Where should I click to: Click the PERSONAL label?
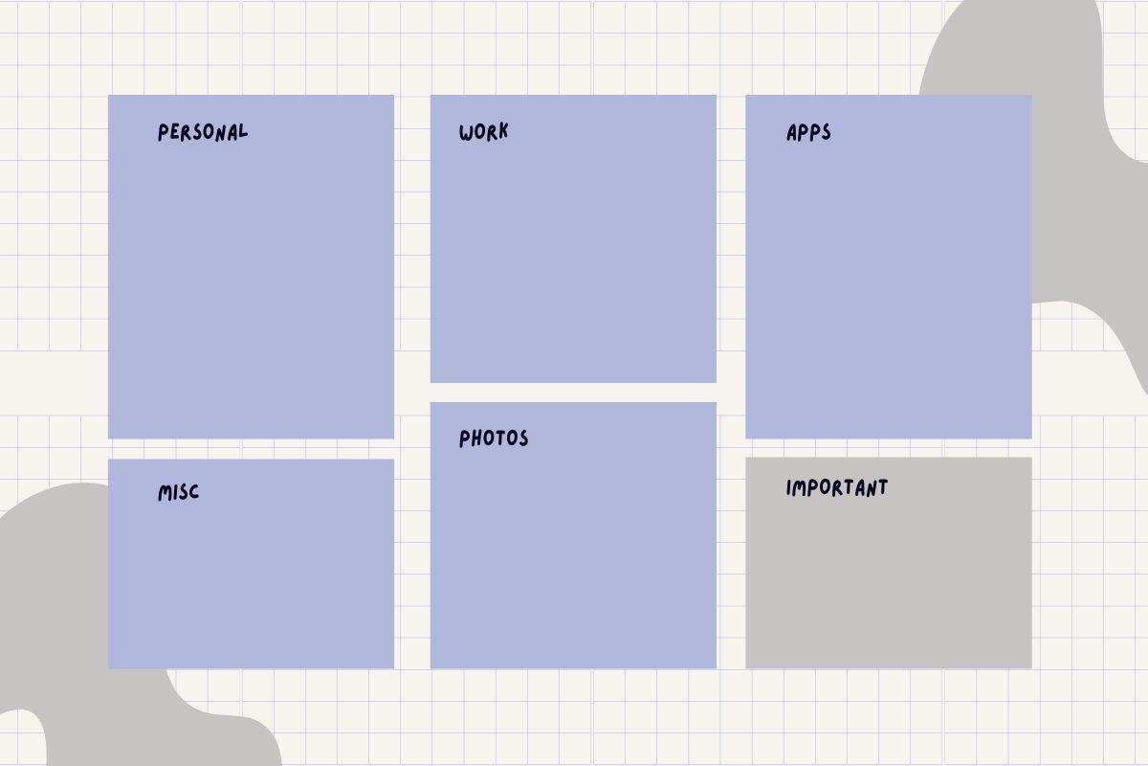[x=202, y=132]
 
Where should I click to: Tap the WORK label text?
[x=483, y=132]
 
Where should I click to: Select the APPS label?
[x=808, y=132]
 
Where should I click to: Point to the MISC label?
[x=179, y=493]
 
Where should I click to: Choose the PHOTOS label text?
[x=494, y=439]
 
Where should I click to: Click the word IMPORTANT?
[x=837, y=487]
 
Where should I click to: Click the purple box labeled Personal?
[x=251, y=287]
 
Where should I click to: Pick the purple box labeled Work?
[x=573, y=259]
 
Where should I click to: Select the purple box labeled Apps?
[x=888, y=287]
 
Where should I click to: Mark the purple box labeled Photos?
[x=573, y=555]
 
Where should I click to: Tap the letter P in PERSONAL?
[x=164, y=133]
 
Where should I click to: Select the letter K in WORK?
[x=502, y=132]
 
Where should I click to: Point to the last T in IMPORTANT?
[x=882, y=487]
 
